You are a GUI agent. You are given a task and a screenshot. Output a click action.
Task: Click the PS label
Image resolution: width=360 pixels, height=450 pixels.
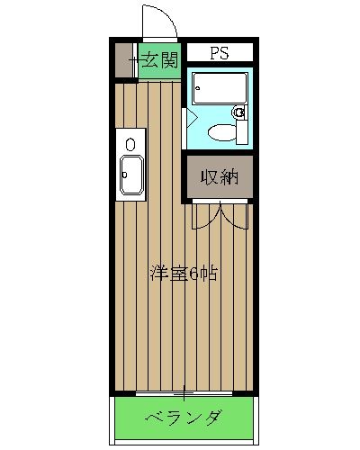click(219, 53)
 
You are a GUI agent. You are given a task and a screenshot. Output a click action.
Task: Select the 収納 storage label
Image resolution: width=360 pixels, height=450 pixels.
click(219, 176)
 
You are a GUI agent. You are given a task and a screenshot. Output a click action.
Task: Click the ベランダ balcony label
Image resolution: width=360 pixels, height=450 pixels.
click(184, 418)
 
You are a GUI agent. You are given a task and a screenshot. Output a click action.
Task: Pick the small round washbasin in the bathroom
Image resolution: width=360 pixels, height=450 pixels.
click(239, 112)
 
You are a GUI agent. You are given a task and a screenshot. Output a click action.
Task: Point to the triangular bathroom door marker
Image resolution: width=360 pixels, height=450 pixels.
click(190, 115)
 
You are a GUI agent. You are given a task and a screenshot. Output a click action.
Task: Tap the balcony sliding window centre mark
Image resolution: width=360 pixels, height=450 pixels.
click(184, 393)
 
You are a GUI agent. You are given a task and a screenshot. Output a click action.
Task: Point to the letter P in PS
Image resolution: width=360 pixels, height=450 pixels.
click(214, 53)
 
